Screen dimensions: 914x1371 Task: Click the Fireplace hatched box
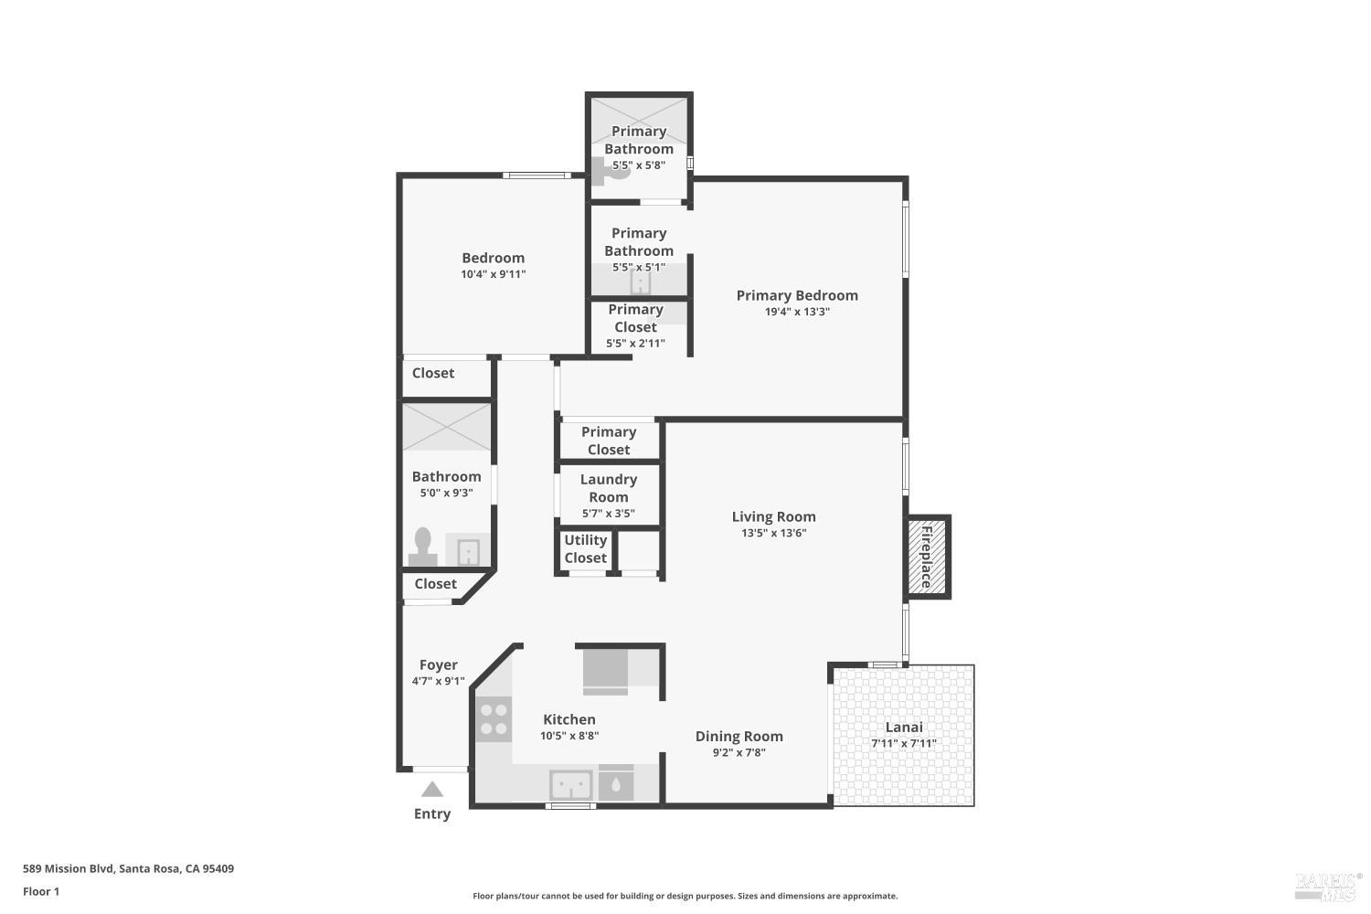tap(926, 557)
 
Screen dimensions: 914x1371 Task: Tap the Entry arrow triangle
tap(432, 790)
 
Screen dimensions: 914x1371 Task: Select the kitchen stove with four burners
tap(494, 718)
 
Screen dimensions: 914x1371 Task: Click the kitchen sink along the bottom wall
tap(570, 785)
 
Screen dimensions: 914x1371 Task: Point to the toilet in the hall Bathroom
tap(422, 546)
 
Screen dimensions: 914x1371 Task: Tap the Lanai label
tap(904, 728)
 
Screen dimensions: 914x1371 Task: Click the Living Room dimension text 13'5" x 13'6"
tap(773, 533)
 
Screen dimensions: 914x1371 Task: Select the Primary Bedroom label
tap(797, 295)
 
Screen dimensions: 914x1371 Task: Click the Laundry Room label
tap(608, 488)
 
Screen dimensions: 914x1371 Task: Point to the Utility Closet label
tap(585, 548)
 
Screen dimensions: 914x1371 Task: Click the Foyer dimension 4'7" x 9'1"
tap(438, 681)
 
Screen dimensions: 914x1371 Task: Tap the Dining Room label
tap(739, 736)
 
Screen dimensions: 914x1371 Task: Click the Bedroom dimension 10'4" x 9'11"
tap(493, 274)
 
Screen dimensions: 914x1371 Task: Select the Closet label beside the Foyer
tap(435, 584)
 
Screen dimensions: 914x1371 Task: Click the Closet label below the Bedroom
tap(432, 373)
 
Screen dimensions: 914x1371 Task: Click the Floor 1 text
tap(41, 891)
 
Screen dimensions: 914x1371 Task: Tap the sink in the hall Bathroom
tap(468, 552)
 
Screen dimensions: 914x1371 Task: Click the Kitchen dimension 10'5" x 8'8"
tap(569, 736)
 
